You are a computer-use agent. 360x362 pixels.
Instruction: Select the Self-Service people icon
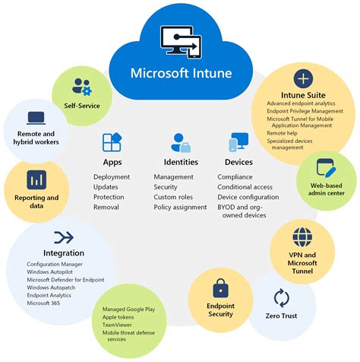(x=81, y=86)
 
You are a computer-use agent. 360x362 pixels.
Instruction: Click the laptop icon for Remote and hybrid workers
(x=34, y=118)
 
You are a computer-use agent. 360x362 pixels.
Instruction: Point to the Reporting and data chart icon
(x=36, y=179)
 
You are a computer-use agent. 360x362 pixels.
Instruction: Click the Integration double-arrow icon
(x=64, y=237)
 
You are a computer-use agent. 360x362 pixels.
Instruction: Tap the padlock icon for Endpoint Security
(x=220, y=288)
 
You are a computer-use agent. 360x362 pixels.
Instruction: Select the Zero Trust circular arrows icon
(x=282, y=297)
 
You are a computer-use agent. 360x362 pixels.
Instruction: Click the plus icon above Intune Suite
(x=302, y=78)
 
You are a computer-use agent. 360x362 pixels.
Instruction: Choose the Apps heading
(x=112, y=161)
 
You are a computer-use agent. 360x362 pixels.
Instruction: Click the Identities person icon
(x=181, y=142)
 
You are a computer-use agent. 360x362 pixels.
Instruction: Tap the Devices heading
(x=238, y=161)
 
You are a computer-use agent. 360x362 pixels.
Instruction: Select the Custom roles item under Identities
(x=173, y=196)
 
